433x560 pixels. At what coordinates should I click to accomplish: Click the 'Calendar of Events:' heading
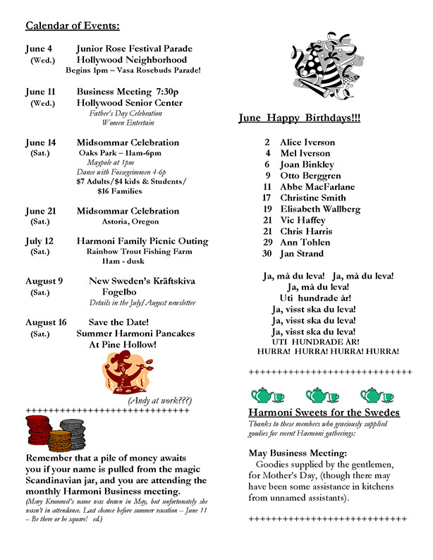(x=73, y=27)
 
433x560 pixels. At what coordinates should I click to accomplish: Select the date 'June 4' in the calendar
(x=39, y=49)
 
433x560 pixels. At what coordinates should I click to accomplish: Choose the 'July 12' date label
(x=39, y=241)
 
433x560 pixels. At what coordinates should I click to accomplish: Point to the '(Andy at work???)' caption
(x=159, y=400)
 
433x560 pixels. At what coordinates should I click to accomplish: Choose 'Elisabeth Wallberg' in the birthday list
(x=320, y=209)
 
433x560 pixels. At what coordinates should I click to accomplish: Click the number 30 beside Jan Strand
(x=267, y=253)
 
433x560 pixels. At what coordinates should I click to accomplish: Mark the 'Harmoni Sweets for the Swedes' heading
(x=324, y=412)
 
